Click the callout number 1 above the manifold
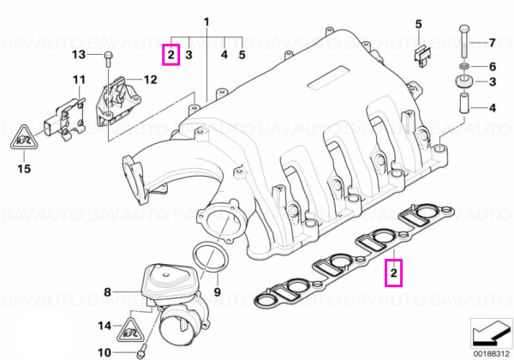(206, 22)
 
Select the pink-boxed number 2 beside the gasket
(394, 273)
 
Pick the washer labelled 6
(463, 67)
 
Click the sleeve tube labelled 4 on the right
(463, 104)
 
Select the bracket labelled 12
(117, 101)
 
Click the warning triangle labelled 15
(24, 137)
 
